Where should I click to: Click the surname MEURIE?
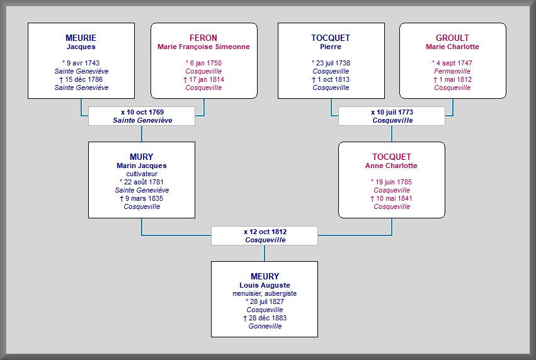click(x=81, y=38)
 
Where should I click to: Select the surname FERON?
click(x=203, y=38)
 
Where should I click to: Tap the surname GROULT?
click(x=452, y=38)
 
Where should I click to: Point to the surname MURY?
click(x=142, y=157)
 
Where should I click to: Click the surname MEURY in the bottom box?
click(x=265, y=276)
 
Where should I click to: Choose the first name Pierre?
click(x=331, y=47)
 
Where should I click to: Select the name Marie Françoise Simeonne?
click(x=203, y=47)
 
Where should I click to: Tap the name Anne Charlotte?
click(x=391, y=166)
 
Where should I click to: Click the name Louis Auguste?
click(x=265, y=285)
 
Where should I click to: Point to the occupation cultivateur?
click(x=142, y=174)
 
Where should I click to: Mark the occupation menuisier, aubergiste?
click(x=265, y=293)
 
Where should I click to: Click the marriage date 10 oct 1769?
click(x=145, y=112)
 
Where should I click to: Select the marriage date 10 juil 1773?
click(x=395, y=112)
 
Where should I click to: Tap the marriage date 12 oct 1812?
click(x=268, y=232)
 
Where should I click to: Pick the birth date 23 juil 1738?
click(x=333, y=63)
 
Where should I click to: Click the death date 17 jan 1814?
click(x=207, y=79)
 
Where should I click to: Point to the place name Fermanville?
click(x=452, y=71)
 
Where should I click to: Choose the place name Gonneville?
click(x=265, y=326)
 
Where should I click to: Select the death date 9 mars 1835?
click(x=144, y=198)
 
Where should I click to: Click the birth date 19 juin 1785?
click(x=394, y=182)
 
